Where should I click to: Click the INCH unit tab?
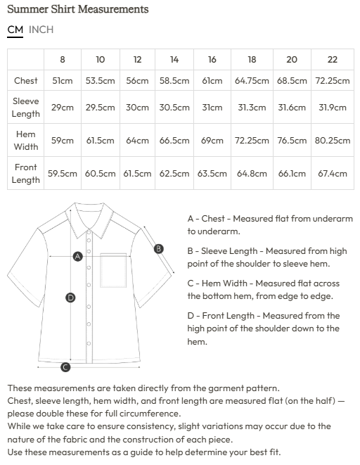click(x=41, y=30)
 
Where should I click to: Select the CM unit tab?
click(x=15, y=30)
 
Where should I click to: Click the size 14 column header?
click(x=174, y=60)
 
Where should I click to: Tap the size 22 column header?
click(x=333, y=60)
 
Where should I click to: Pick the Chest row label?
click(x=26, y=81)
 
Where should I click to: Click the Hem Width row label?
click(x=26, y=141)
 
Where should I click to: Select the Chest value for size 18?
click(x=252, y=81)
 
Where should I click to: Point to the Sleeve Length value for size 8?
click(x=63, y=108)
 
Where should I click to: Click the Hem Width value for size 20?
click(x=292, y=141)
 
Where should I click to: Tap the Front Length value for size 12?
click(x=137, y=173)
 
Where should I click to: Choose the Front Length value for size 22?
click(x=333, y=173)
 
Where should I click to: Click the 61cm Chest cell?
click(x=212, y=81)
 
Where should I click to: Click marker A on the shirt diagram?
click(x=78, y=257)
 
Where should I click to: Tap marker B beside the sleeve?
click(x=158, y=248)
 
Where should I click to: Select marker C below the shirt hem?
click(x=65, y=367)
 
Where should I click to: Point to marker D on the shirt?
click(x=70, y=298)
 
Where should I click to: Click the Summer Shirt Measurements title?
click(x=77, y=9)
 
